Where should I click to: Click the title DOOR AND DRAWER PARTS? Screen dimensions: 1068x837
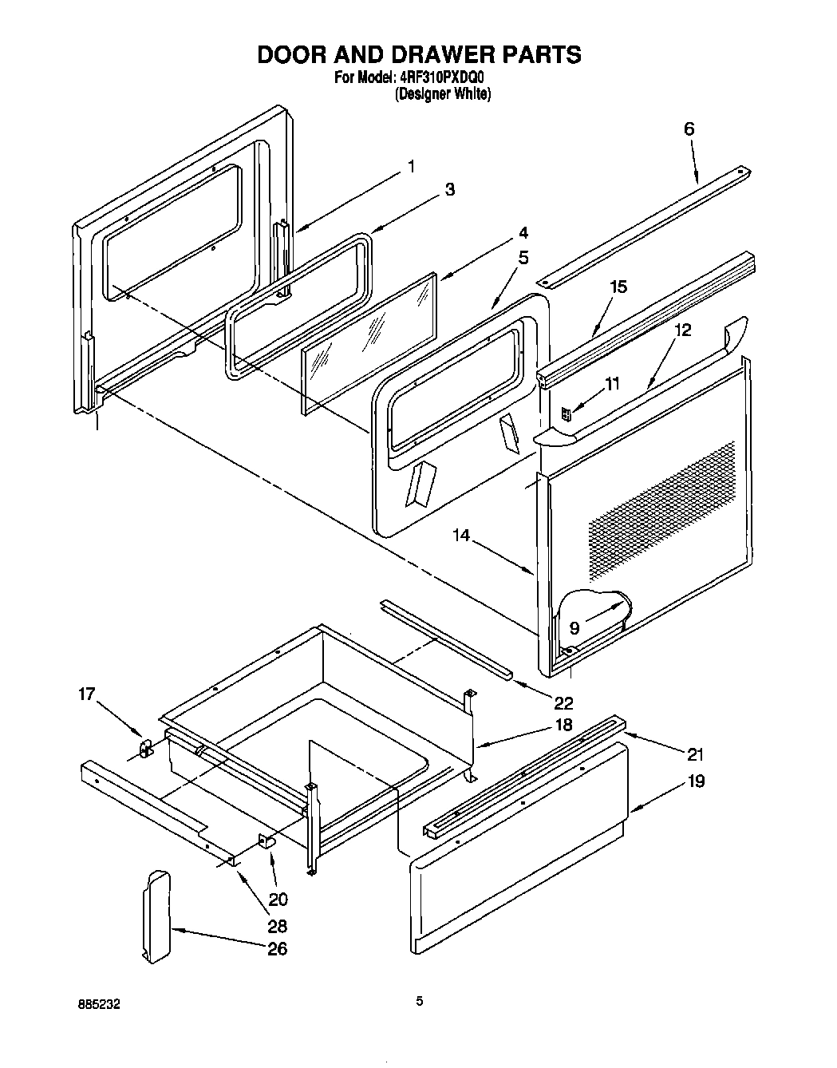pos(418,54)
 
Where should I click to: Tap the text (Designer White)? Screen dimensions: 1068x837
pos(443,93)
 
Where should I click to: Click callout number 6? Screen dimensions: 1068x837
pos(689,129)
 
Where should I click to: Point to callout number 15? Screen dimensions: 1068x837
pos(618,287)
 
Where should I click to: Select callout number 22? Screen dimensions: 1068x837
pos(563,702)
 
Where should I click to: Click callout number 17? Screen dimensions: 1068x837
pos(86,694)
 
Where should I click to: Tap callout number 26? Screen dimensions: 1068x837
pos(278,949)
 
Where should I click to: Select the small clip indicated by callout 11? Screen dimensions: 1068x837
pos(567,413)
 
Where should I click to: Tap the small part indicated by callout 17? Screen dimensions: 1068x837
pos(145,747)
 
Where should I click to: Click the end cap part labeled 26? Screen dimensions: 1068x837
pos(156,916)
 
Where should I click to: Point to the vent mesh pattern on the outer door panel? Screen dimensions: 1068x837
pos(662,511)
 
